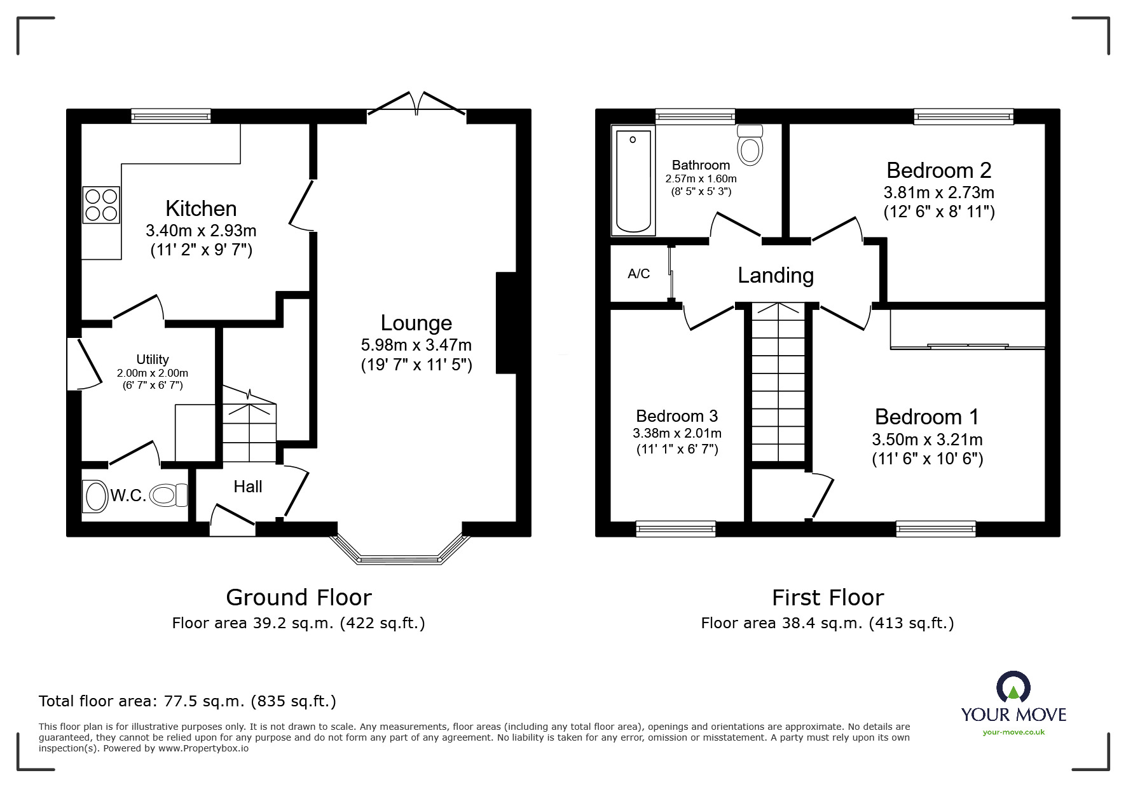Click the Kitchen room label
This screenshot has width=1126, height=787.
pos(201,208)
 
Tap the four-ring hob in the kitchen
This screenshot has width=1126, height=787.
pos(101,205)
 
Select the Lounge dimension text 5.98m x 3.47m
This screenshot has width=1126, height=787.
pos(416,345)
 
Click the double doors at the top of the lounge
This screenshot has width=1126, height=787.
pos(417,104)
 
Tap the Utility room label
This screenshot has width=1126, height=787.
pos(153,360)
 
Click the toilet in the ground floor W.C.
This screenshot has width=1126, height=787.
pos(170,495)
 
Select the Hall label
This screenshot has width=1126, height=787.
pos(247,487)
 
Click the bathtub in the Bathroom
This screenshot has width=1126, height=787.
pos(632,181)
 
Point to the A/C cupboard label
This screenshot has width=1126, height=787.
pos(638,274)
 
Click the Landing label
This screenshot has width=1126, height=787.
pos(775,275)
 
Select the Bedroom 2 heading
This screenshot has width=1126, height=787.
pos(938,170)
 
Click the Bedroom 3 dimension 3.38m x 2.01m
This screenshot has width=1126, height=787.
pos(676,434)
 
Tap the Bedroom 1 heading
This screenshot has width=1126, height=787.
pos(926,417)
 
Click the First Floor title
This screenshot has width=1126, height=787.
pos(827,598)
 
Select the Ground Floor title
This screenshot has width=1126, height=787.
pos(298,598)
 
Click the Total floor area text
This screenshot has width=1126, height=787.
pos(187,701)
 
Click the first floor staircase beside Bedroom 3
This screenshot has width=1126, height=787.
pos(778,381)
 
